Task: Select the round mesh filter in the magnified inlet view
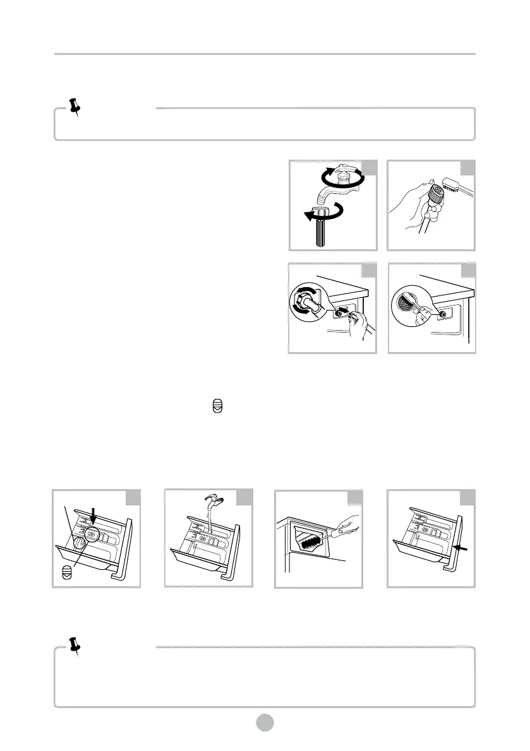(404, 302)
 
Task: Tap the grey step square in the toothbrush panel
(468, 167)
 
